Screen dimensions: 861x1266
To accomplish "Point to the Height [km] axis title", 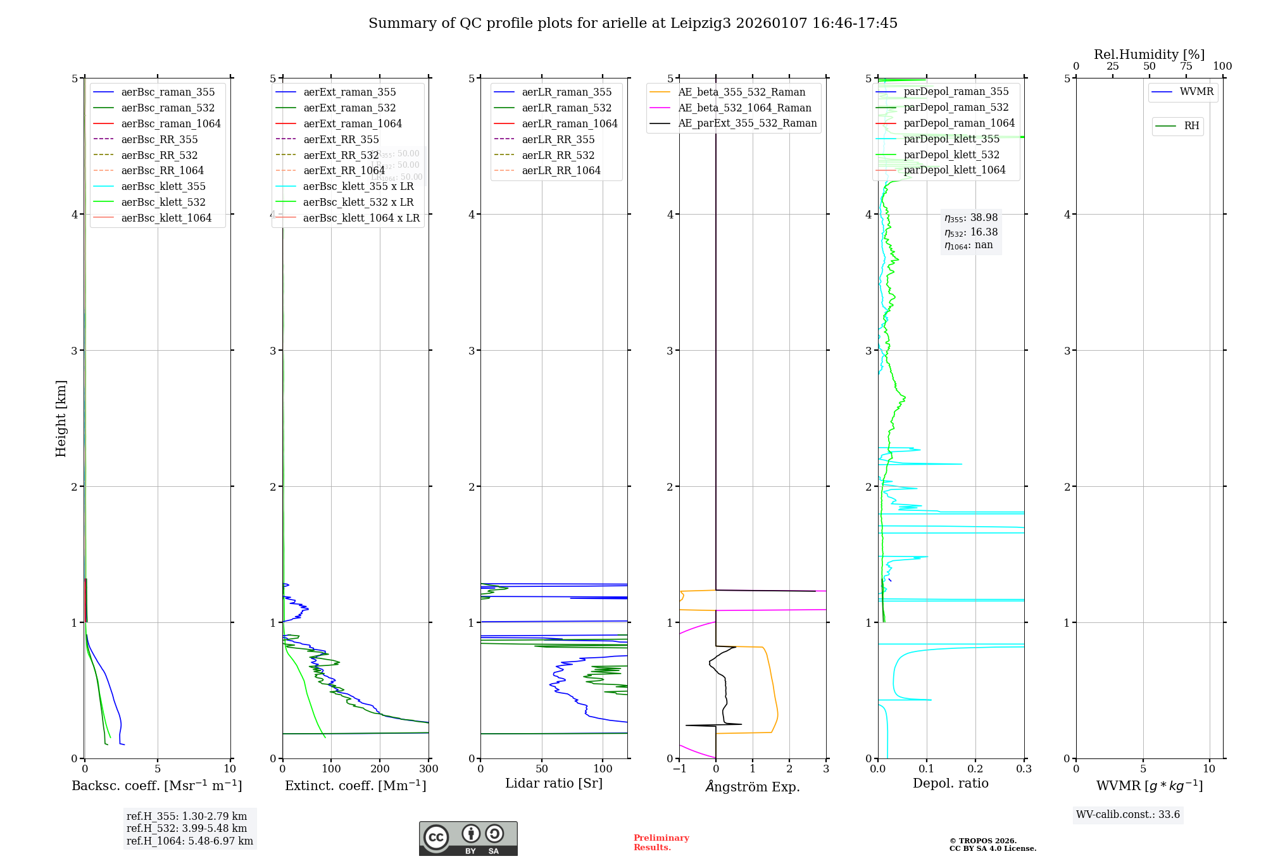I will click(x=61, y=418).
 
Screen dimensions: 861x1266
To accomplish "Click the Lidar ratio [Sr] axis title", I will click(x=554, y=783).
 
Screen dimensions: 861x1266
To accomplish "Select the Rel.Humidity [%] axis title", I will click(x=1149, y=54).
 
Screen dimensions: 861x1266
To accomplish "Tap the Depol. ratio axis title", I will click(x=950, y=783).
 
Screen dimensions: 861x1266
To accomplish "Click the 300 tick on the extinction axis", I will click(x=429, y=769).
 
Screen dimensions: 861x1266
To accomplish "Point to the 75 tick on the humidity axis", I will click(x=1186, y=66).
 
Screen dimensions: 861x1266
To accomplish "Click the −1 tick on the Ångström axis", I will click(x=679, y=769).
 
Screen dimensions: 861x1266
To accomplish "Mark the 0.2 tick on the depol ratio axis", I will click(x=975, y=769).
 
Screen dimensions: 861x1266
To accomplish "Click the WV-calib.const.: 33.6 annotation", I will click(x=1127, y=815).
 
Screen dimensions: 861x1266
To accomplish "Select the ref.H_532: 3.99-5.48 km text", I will click(x=187, y=829).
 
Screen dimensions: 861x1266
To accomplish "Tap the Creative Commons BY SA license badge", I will click(x=468, y=839).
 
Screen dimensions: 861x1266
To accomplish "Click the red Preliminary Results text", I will click(x=661, y=843).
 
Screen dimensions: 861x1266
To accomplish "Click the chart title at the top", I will click(x=633, y=23).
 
